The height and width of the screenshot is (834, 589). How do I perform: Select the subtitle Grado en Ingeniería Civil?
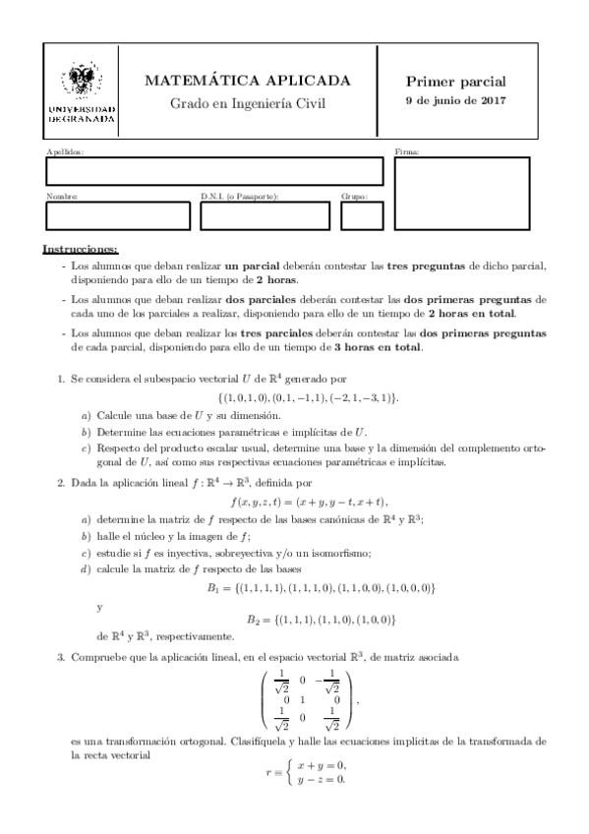click(247, 103)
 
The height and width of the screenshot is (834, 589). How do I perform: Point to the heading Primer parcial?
click(455, 82)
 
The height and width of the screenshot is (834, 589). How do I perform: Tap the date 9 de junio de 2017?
click(455, 102)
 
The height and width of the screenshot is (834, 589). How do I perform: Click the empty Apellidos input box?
click(213, 171)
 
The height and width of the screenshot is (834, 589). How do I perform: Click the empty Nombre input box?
click(118, 215)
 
